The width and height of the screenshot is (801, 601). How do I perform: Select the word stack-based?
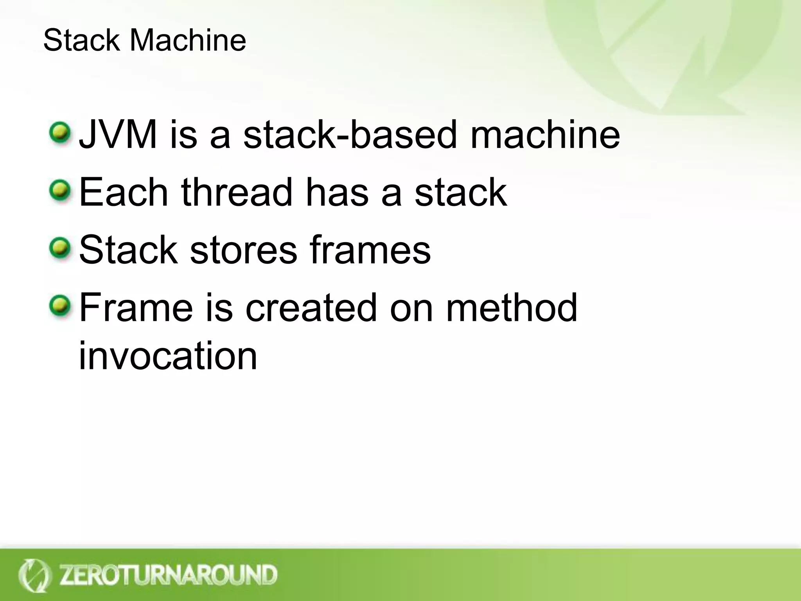click(350, 135)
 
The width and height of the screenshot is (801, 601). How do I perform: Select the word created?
click(311, 308)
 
